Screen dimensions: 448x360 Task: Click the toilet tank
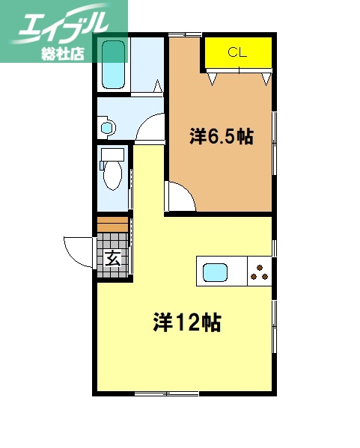tap(113, 156)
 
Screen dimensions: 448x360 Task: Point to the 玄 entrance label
tap(112, 260)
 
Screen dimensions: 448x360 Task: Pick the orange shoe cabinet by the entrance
tap(112, 225)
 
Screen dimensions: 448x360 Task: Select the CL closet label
tap(237, 52)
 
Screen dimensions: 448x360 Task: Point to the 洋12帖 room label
tap(186, 323)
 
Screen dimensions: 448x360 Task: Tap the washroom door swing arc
tap(153, 127)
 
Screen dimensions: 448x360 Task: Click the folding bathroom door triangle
tap(159, 87)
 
